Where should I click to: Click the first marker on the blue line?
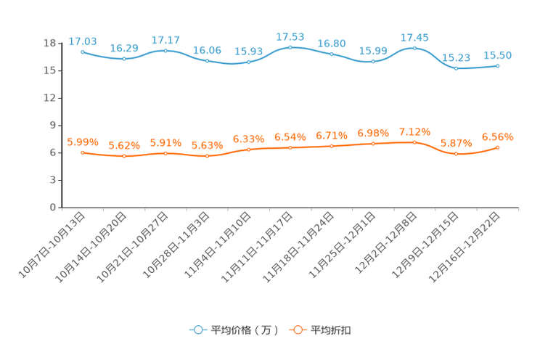click(x=83, y=52)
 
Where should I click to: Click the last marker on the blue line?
click(x=498, y=65)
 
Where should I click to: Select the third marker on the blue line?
click(x=166, y=51)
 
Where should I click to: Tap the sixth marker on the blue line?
click(x=290, y=47)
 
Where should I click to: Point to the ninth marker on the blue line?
click(x=414, y=48)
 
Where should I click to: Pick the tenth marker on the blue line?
click(x=456, y=68)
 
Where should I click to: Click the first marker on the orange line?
click(x=83, y=152)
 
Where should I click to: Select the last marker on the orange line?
click(x=498, y=147)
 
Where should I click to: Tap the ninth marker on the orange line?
click(x=414, y=142)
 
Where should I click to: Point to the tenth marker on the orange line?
click(x=456, y=154)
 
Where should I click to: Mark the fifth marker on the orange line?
click(x=249, y=150)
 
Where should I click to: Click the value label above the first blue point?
click(x=82, y=41)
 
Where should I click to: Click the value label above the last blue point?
click(x=498, y=54)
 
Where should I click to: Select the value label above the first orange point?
click(x=82, y=142)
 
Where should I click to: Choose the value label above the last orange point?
click(x=498, y=136)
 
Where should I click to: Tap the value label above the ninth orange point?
click(x=414, y=131)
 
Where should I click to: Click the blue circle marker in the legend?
click(x=197, y=330)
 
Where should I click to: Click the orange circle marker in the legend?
click(x=297, y=330)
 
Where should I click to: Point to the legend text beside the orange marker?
click(x=332, y=330)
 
